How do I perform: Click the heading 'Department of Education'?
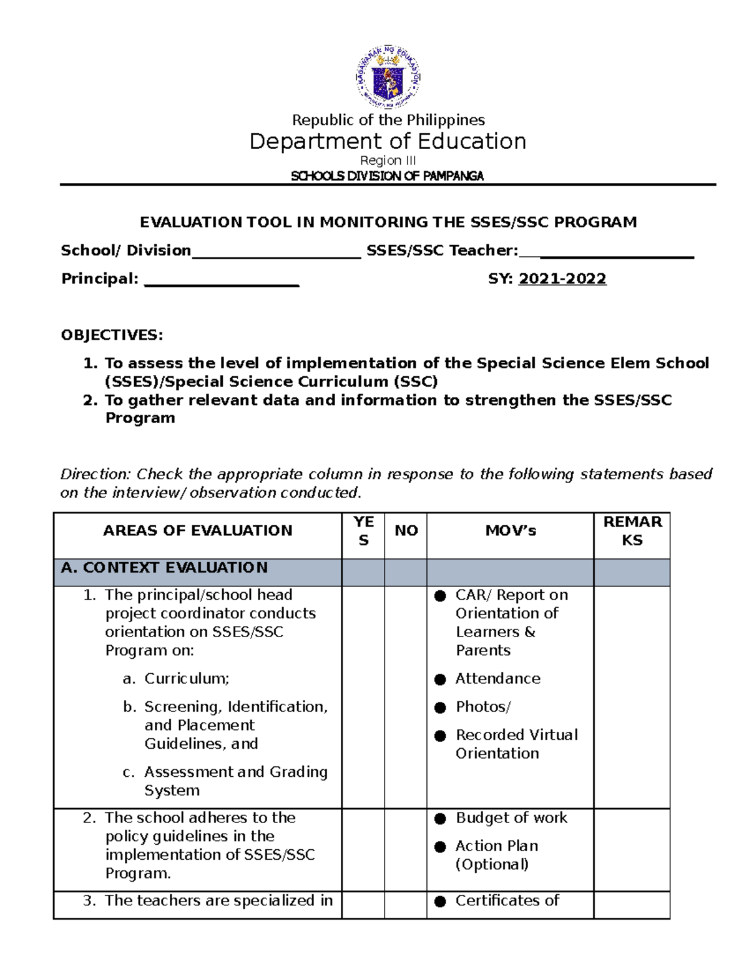tap(388, 142)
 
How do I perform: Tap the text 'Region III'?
tap(388, 160)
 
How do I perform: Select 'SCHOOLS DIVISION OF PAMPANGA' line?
tap(388, 176)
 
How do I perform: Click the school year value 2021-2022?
tap(562, 279)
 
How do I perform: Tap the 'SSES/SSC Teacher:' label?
tap(442, 251)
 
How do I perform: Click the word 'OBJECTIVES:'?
tap(112, 335)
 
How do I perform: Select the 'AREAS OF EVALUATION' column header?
tap(197, 530)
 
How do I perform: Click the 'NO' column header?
tap(406, 530)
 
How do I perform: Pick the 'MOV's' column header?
tap(511, 530)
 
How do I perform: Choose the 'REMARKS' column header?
tap(632, 530)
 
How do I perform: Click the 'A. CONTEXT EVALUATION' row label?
tap(164, 568)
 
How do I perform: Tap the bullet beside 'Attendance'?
tap(440, 679)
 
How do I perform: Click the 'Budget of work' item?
tap(511, 818)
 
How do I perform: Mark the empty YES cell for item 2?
tap(363, 849)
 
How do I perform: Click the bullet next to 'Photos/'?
tap(440, 708)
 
